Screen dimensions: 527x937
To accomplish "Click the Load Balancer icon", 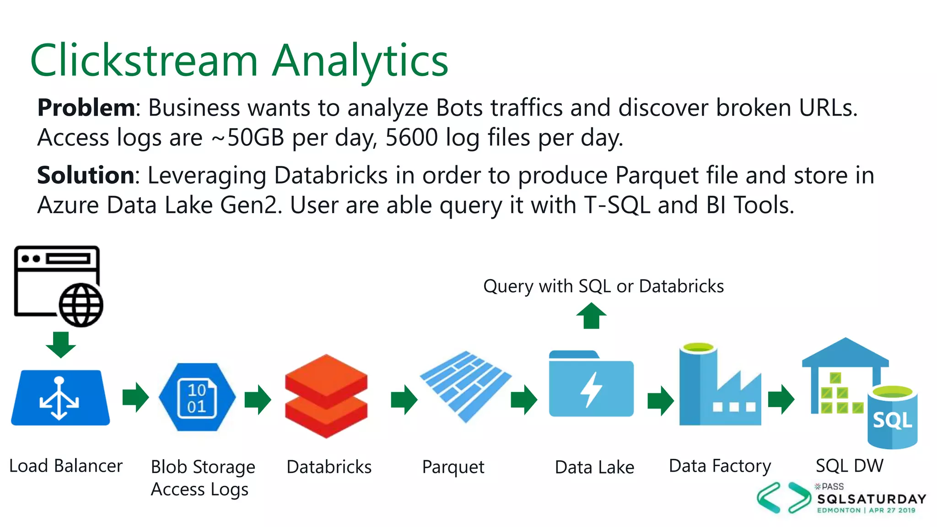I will coord(60,397).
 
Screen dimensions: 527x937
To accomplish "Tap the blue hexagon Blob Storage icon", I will coord(197,397).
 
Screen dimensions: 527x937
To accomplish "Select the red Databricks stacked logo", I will coord(326,396).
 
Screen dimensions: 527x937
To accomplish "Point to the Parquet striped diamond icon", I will coord(465,387).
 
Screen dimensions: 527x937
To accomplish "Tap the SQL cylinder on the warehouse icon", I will coord(892,417).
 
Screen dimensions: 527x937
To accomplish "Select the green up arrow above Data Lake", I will coord(591,316).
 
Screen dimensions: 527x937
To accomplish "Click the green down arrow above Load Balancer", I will coord(61,344).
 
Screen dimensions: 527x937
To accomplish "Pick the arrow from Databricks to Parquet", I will coord(404,399).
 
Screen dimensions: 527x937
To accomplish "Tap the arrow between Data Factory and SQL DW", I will coord(781,399).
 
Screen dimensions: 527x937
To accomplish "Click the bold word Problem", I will coord(86,108).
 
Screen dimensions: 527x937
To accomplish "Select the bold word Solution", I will coord(86,175).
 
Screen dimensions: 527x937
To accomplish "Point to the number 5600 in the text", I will coord(411,137).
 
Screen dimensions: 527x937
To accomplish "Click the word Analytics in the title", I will coord(360,61).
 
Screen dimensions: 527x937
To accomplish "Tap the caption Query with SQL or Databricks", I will coord(603,286).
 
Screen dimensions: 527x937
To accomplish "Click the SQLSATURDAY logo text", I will coord(872,499).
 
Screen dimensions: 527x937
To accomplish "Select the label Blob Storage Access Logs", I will coord(203,478).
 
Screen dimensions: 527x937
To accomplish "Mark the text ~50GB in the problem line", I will coord(248,137).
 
